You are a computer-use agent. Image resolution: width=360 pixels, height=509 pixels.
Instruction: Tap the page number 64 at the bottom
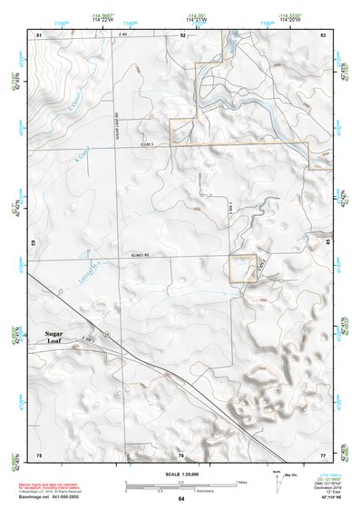pyautogui.click(x=181, y=499)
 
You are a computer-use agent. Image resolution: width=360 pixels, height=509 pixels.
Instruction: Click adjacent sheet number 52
pyautogui.click(x=182, y=34)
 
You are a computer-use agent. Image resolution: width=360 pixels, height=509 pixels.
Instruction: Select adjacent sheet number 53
pyautogui.click(x=323, y=34)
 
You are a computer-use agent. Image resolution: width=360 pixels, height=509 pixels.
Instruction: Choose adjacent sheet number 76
pyautogui.click(x=180, y=455)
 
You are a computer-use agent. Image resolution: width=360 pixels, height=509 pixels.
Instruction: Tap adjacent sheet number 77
pyautogui.click(x=323, y=455)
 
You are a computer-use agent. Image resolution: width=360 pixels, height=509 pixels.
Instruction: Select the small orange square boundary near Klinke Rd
pyautogui.click(x=242, y=269)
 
